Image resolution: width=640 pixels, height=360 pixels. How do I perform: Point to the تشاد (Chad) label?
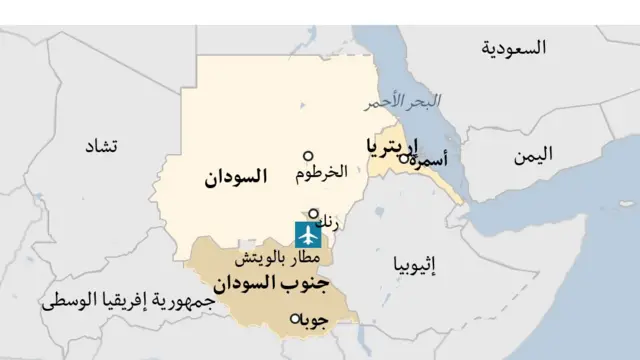point(99,146)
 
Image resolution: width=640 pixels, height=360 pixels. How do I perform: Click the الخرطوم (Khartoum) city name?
point(321,173)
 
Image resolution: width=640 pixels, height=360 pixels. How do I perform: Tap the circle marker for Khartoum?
point(308,156)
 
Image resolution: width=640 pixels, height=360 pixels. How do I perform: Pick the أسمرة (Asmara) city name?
point(429,160)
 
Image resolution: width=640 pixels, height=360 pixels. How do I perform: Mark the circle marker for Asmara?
point(403,158)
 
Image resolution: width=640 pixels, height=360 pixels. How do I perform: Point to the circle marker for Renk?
point(313,213)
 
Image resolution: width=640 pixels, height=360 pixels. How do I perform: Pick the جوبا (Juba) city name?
point(313,321)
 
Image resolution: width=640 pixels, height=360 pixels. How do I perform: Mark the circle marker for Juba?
point(294,319)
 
